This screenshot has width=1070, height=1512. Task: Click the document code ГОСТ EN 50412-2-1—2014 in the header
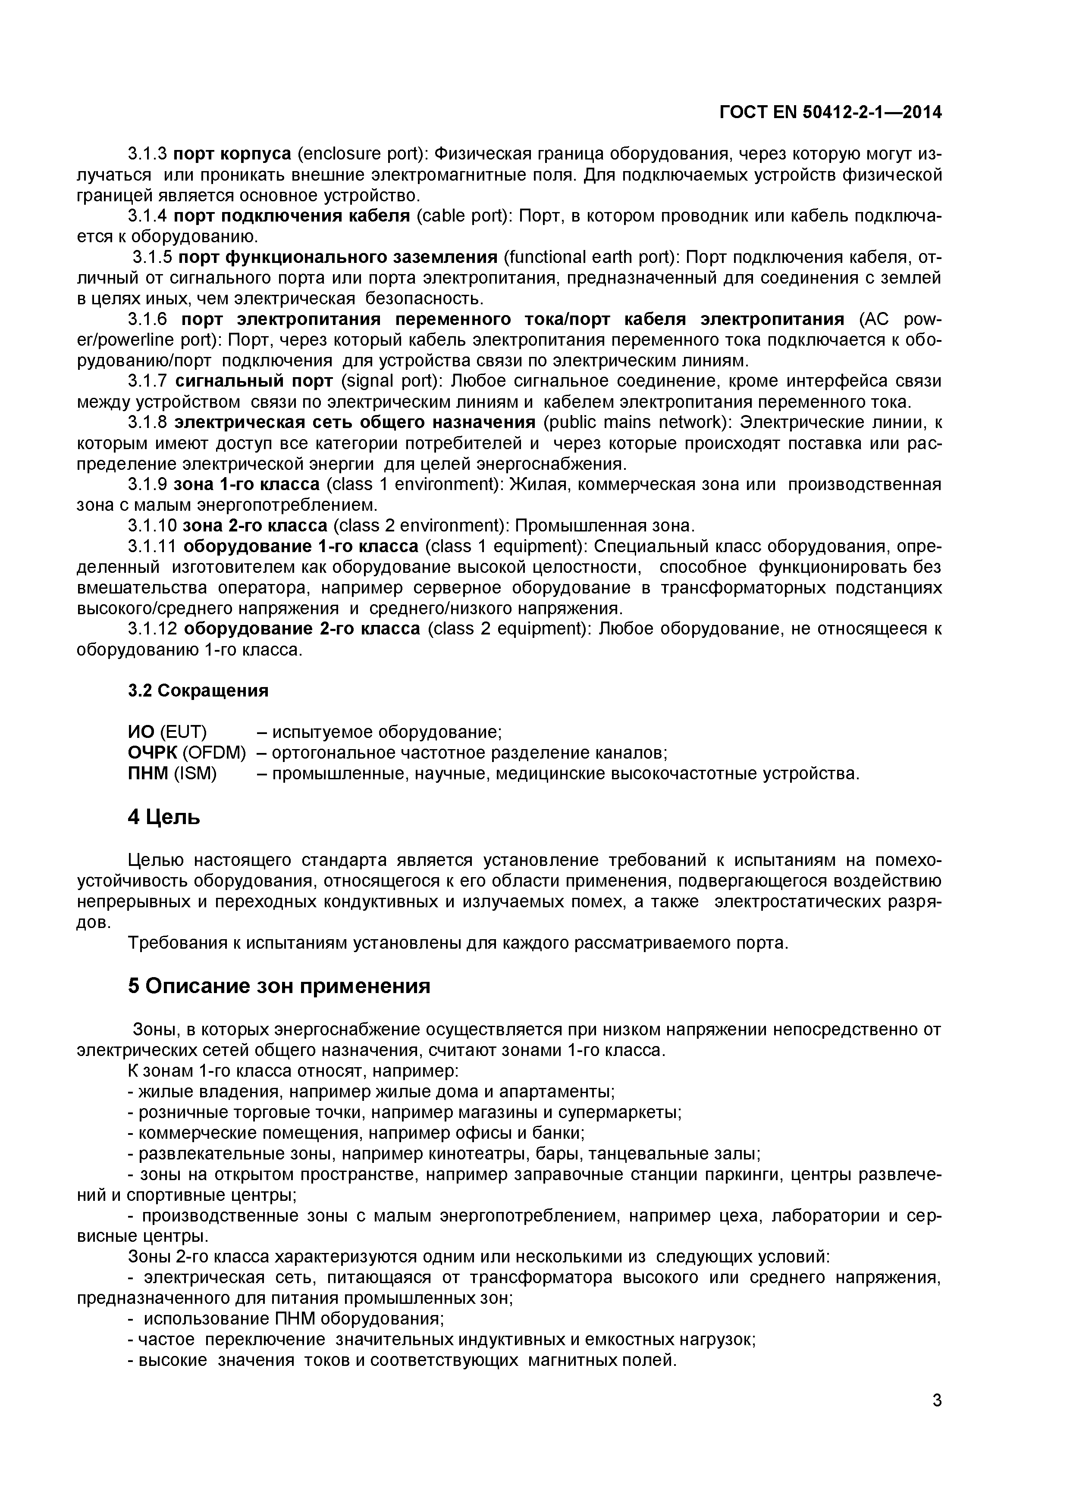click(x=830, y=112)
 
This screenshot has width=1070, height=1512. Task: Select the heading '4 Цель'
click(x=163, y=818)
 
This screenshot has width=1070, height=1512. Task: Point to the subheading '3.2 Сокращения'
click(x=198, y=691)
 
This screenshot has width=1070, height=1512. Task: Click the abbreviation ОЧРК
click(x=152, y=753)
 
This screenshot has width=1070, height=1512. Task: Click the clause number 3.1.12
click(x=152, y=629)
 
